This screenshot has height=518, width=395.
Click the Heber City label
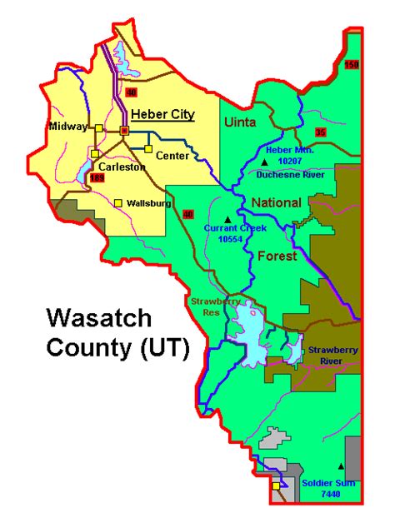tap(162, 114)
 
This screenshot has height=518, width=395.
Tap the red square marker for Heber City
tap(124, 131)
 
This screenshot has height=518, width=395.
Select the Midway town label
tap(66, 127)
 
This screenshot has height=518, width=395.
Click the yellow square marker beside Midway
tap(98, 127)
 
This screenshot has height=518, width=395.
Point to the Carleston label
tap(124, 166)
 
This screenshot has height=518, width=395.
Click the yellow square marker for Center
tap(148, 150)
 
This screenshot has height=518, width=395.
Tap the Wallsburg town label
tap(149, 203)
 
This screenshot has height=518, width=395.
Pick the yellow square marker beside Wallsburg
tap(118, 202)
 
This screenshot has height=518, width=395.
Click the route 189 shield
tap(97, 177)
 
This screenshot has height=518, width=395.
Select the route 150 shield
tap(351, 65)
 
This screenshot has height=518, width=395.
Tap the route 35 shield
tap(321, 132)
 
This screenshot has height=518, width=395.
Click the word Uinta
tap(242, 123)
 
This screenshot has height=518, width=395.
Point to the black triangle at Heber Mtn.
tap(265, 161)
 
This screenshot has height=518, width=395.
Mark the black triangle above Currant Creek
tap(227, 219)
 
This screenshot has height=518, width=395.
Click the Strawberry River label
tap(332, 356)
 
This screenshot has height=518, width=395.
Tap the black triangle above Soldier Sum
tap(341, 466)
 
